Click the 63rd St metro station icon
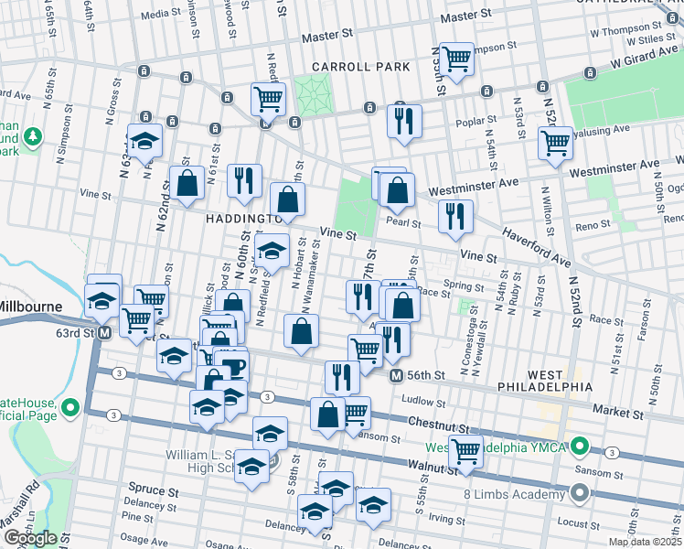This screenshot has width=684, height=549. pos(104,332)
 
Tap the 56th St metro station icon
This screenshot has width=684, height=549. pos(396,376)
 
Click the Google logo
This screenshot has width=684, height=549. pos(29,538)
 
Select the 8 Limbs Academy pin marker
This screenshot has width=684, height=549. pos(578,495)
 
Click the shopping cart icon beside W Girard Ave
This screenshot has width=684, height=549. pos(455,59)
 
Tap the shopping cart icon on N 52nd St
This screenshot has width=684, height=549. pos(555,143)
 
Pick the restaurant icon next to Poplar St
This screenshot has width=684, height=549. pos(403,121)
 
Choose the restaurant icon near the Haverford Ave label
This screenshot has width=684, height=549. pos(454,217)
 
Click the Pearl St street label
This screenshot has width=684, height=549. pos(402,222)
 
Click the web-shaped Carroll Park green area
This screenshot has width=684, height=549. pos(314,92)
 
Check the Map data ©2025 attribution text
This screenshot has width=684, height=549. pos(646,542)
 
